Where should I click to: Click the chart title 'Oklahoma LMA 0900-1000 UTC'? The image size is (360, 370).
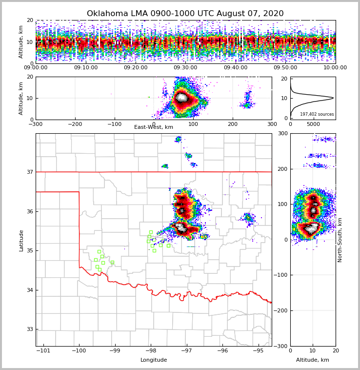(185, 14)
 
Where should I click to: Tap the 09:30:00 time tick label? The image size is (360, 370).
(185, 68)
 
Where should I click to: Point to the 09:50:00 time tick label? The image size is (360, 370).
(285, 68)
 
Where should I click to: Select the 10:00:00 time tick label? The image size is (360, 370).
(335, 68)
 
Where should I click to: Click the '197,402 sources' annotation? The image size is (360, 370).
(317, 114)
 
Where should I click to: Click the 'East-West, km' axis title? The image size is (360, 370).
(154, 127)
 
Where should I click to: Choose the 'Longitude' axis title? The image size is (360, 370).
(154, 360)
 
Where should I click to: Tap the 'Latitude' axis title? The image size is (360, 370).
(21, 240)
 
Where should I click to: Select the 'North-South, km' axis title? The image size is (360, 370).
(340, 240)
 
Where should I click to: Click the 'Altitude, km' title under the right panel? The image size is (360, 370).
(313, 360)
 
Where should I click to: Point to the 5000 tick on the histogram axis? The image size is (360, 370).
(314, 124)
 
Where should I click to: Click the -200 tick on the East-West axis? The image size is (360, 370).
(75, 124)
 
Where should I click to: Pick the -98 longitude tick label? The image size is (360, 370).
(151, 350)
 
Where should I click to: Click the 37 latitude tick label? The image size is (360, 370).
(29, 172)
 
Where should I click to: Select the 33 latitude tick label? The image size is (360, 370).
(29, 329)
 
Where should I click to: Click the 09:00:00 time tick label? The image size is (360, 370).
(36, 68)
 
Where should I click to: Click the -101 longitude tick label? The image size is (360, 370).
(43, 350)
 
